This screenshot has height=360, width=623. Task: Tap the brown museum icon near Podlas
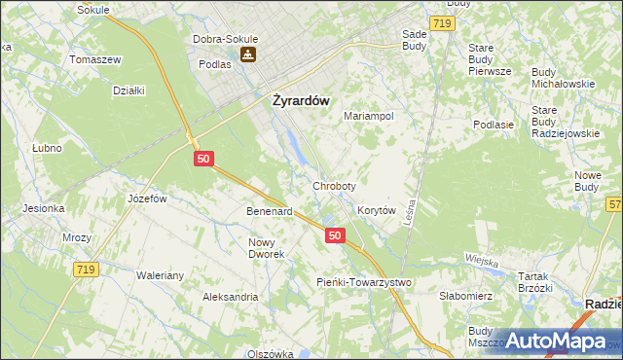pos(250,55)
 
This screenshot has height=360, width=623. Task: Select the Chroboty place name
pos(334,186)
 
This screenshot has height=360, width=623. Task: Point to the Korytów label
pos(376,210)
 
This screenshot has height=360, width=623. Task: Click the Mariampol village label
pos(368,116)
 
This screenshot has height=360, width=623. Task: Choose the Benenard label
pos(269,211)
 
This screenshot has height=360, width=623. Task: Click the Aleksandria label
pos(230,296)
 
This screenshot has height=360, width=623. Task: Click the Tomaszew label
pos(94,59)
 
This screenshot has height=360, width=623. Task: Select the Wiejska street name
pos(482,262)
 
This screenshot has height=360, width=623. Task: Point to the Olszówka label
pos(270,354)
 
